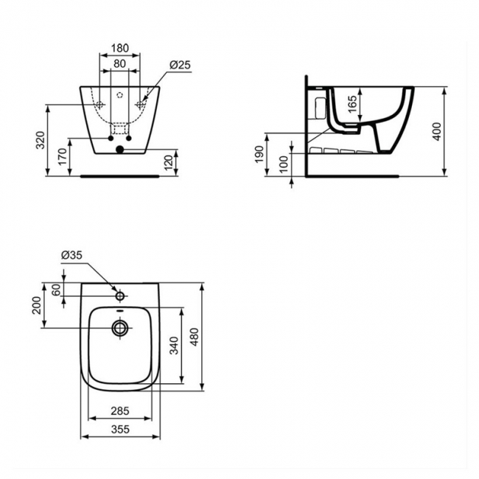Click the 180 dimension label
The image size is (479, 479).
pos(119,49)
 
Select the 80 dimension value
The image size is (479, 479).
pos(119,64)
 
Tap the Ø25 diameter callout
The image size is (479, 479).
pos(181,65)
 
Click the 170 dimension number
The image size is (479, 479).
pos(62,156)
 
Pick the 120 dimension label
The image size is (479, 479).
pos(169,161)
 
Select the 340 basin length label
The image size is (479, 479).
pos(174,346)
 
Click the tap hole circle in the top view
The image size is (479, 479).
pos(119,296)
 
